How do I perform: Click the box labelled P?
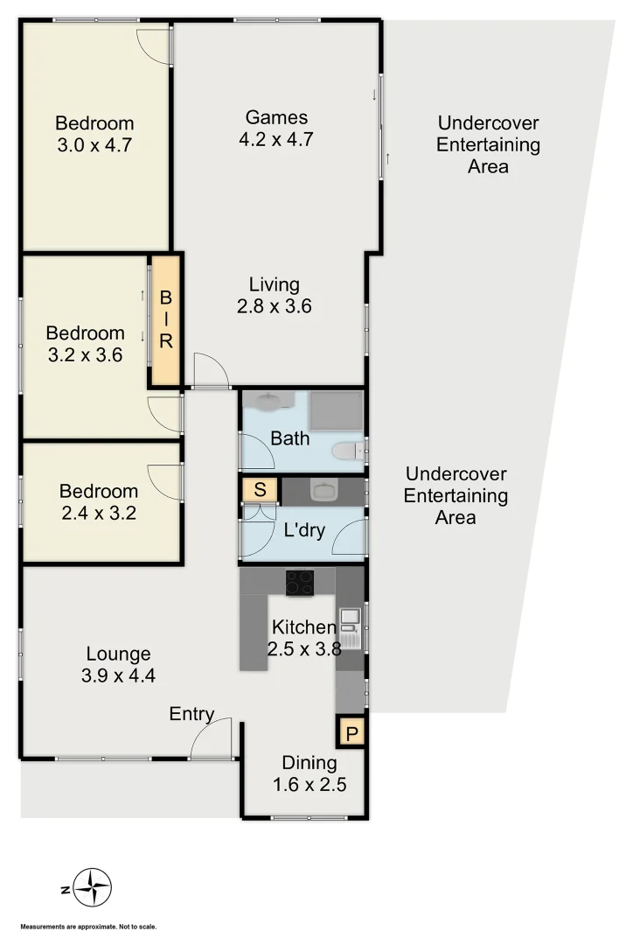coord(351,733)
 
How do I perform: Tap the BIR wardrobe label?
coord(166,319)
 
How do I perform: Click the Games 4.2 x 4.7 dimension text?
coord(275,138)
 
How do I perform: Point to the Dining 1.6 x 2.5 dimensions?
coord(310,784)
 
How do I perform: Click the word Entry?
coord(191,714)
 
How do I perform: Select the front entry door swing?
coord(212,739)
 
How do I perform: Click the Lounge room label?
coord(118,654)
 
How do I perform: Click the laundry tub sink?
coord(323,490)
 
